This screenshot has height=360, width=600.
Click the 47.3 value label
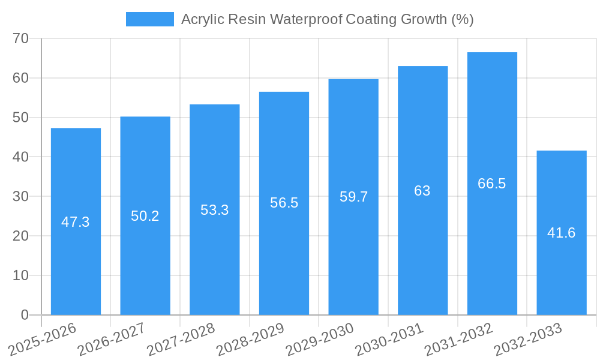pos(76,222)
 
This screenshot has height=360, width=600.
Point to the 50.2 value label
pos(145,216)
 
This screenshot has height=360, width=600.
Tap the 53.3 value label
pos(214,210)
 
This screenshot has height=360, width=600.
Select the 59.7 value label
pos(353,197)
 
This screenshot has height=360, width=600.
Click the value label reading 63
pos(422,191)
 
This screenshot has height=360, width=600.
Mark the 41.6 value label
pos(562,233)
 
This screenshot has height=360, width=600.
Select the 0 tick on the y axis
pos(25,315)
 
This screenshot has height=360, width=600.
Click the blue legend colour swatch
pos(149,19)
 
